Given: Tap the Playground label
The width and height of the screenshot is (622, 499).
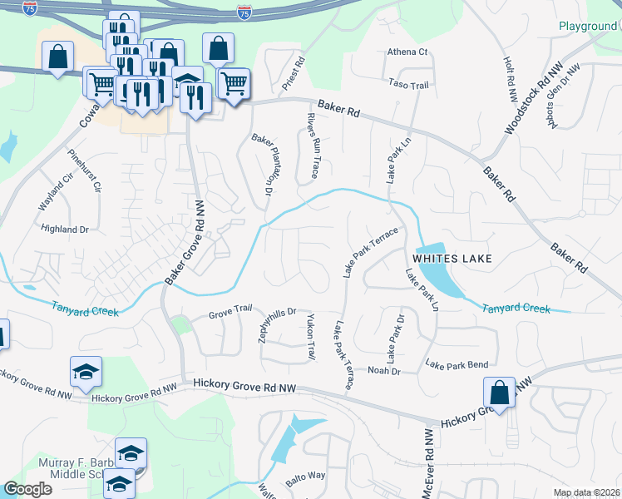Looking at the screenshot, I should [587, 27].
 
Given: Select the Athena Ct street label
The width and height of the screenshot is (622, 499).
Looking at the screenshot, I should [407, 52].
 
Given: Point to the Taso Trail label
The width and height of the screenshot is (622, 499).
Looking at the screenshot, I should [408, 84].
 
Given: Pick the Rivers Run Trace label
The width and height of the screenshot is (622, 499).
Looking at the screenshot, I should [313, 146].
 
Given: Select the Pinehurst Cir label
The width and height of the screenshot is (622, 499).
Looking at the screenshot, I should [83, 170].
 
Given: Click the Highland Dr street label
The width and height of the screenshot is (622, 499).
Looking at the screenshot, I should [64, 229].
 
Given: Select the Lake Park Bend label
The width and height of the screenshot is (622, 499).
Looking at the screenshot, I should [457, 364].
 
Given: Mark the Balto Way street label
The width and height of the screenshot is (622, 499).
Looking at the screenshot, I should [305, 476].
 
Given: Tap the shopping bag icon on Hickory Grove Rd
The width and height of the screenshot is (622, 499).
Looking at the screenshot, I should [498, 392].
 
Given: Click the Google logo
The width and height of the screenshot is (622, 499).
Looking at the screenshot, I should [27, 489].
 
